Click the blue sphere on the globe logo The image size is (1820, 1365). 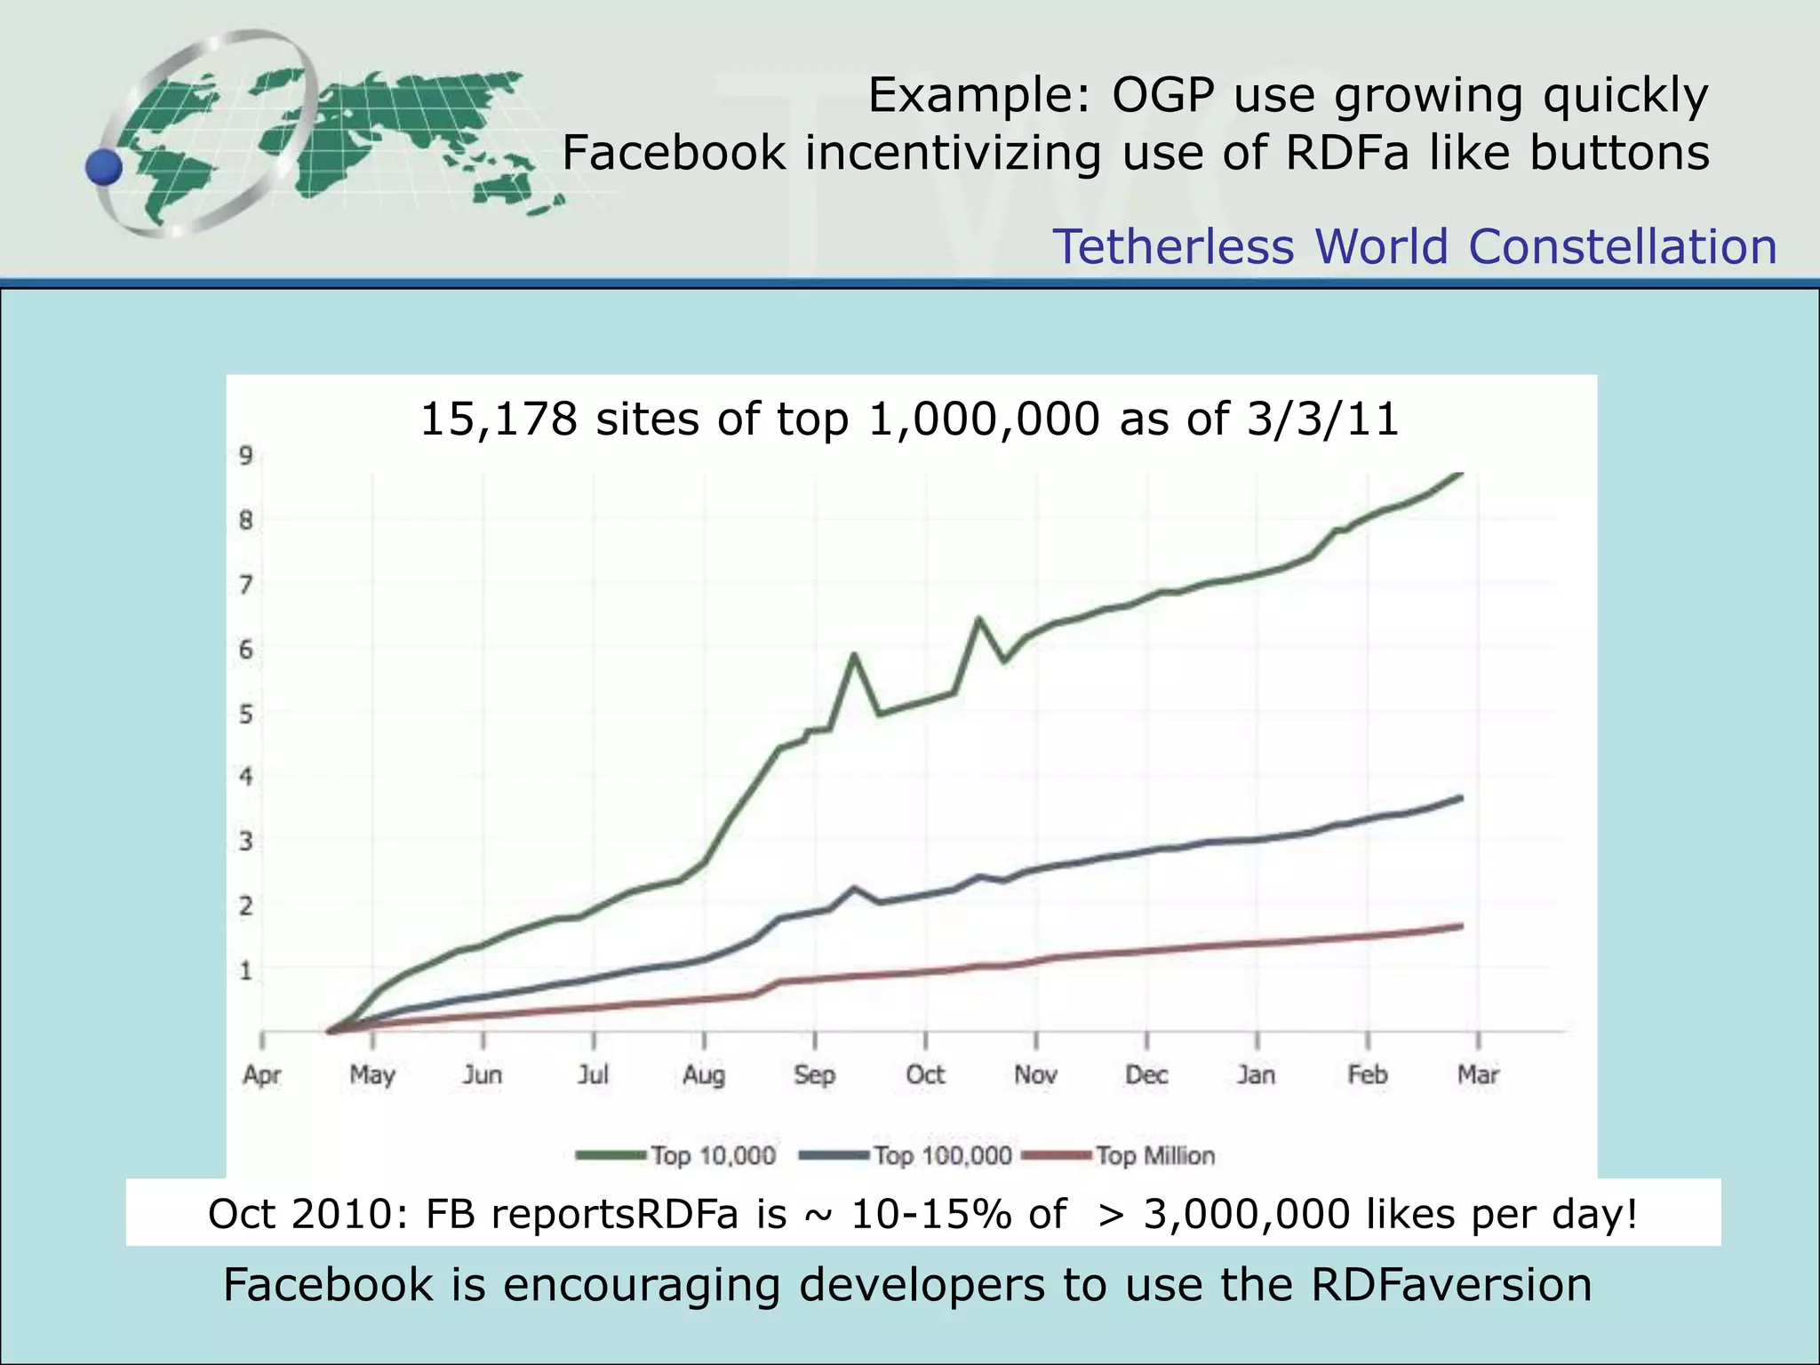pyautogui.click(x=104, y=166)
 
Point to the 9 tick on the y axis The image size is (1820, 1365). pyautogui.click(x=246, y=456)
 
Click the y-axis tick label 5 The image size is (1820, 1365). pyautogui.click(x=246, y=714)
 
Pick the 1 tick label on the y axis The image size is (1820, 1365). pyautogui.click(x=246, y=970)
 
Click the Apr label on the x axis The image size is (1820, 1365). pyautogui.click(x=262, y=1075)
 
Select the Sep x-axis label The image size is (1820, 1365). pyautogui.click(x=815, y=1075)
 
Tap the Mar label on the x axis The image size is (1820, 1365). pyautogui.click(x=1478, y=1075)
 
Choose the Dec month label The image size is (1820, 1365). pyautogui.click(x=1146, y=1075)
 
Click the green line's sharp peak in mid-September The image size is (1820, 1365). pyautogui.click(x=854, y=655)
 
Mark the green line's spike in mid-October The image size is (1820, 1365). pyautogui.click(x=978, y=619)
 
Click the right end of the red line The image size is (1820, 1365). pyautogui.click(x=1462, y=926)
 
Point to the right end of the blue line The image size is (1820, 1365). pyautogui.click(x=1462, y=798)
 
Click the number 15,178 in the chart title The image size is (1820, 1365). pyautogui.click(x=498, y=419)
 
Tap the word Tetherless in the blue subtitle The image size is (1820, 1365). pyautogui.click(x=1173, y=247)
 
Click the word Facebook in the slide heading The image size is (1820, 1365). pyautogui.click(x=674, y=153)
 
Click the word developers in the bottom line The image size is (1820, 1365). pyautogui.click(x=922, y=1285)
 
